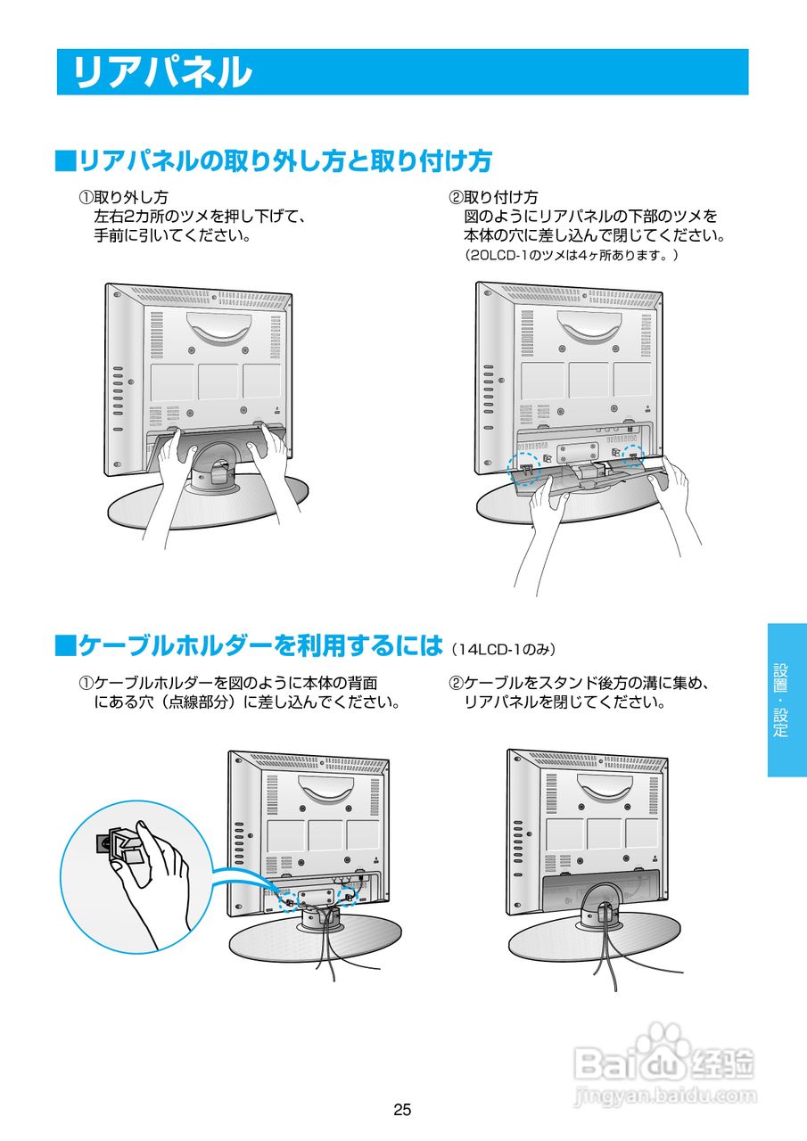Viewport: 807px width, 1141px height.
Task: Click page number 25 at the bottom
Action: tap(402, 1110)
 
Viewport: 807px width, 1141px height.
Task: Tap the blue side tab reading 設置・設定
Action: tap(786, 700)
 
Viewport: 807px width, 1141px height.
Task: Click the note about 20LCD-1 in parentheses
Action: tap(572, 256)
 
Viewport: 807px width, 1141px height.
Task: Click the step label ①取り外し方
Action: tap(124, 197)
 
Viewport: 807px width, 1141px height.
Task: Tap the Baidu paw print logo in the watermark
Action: tap(660, 1043)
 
